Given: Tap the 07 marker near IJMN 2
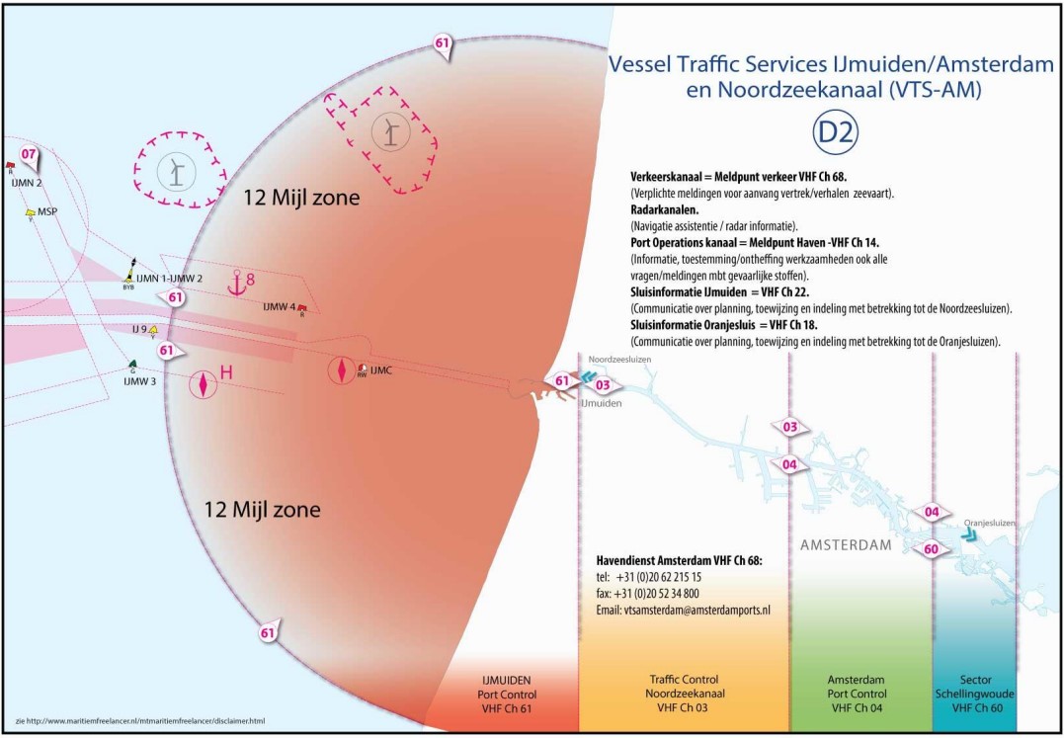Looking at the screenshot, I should pyautogui.click(x=29, y=154).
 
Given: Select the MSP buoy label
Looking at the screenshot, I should pyautogui.click(x=46, y=211).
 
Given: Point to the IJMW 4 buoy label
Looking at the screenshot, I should pyautogui.click(x=280, y=306).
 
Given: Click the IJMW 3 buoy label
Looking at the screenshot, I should pyautogui.click(x=139, y=380).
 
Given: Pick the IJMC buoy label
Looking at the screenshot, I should pyautogui.click(x=381, y=369).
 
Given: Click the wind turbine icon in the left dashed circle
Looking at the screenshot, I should pyautogui.click(x=176, y=172).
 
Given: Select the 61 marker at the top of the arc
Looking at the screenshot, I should pyautogui.click(x=443, y=44).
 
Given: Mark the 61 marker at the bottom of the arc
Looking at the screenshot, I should pyautogui.click(x=268, y=632).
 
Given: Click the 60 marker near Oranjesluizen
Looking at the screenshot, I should pyautogui.click(x=931, y=549).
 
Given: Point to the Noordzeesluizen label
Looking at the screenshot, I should pyautogui.click(x=619, y=360).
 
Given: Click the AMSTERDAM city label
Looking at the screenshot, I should pyautogui.click(x=846, y=545).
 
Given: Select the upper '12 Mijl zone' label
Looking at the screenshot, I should pyautogui.click(x=301, y=199).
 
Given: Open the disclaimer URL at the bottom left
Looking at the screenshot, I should pyautogui.click(x=139, y=720).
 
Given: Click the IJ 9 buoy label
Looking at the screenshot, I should pyautogui.click(x=139, y=329).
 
